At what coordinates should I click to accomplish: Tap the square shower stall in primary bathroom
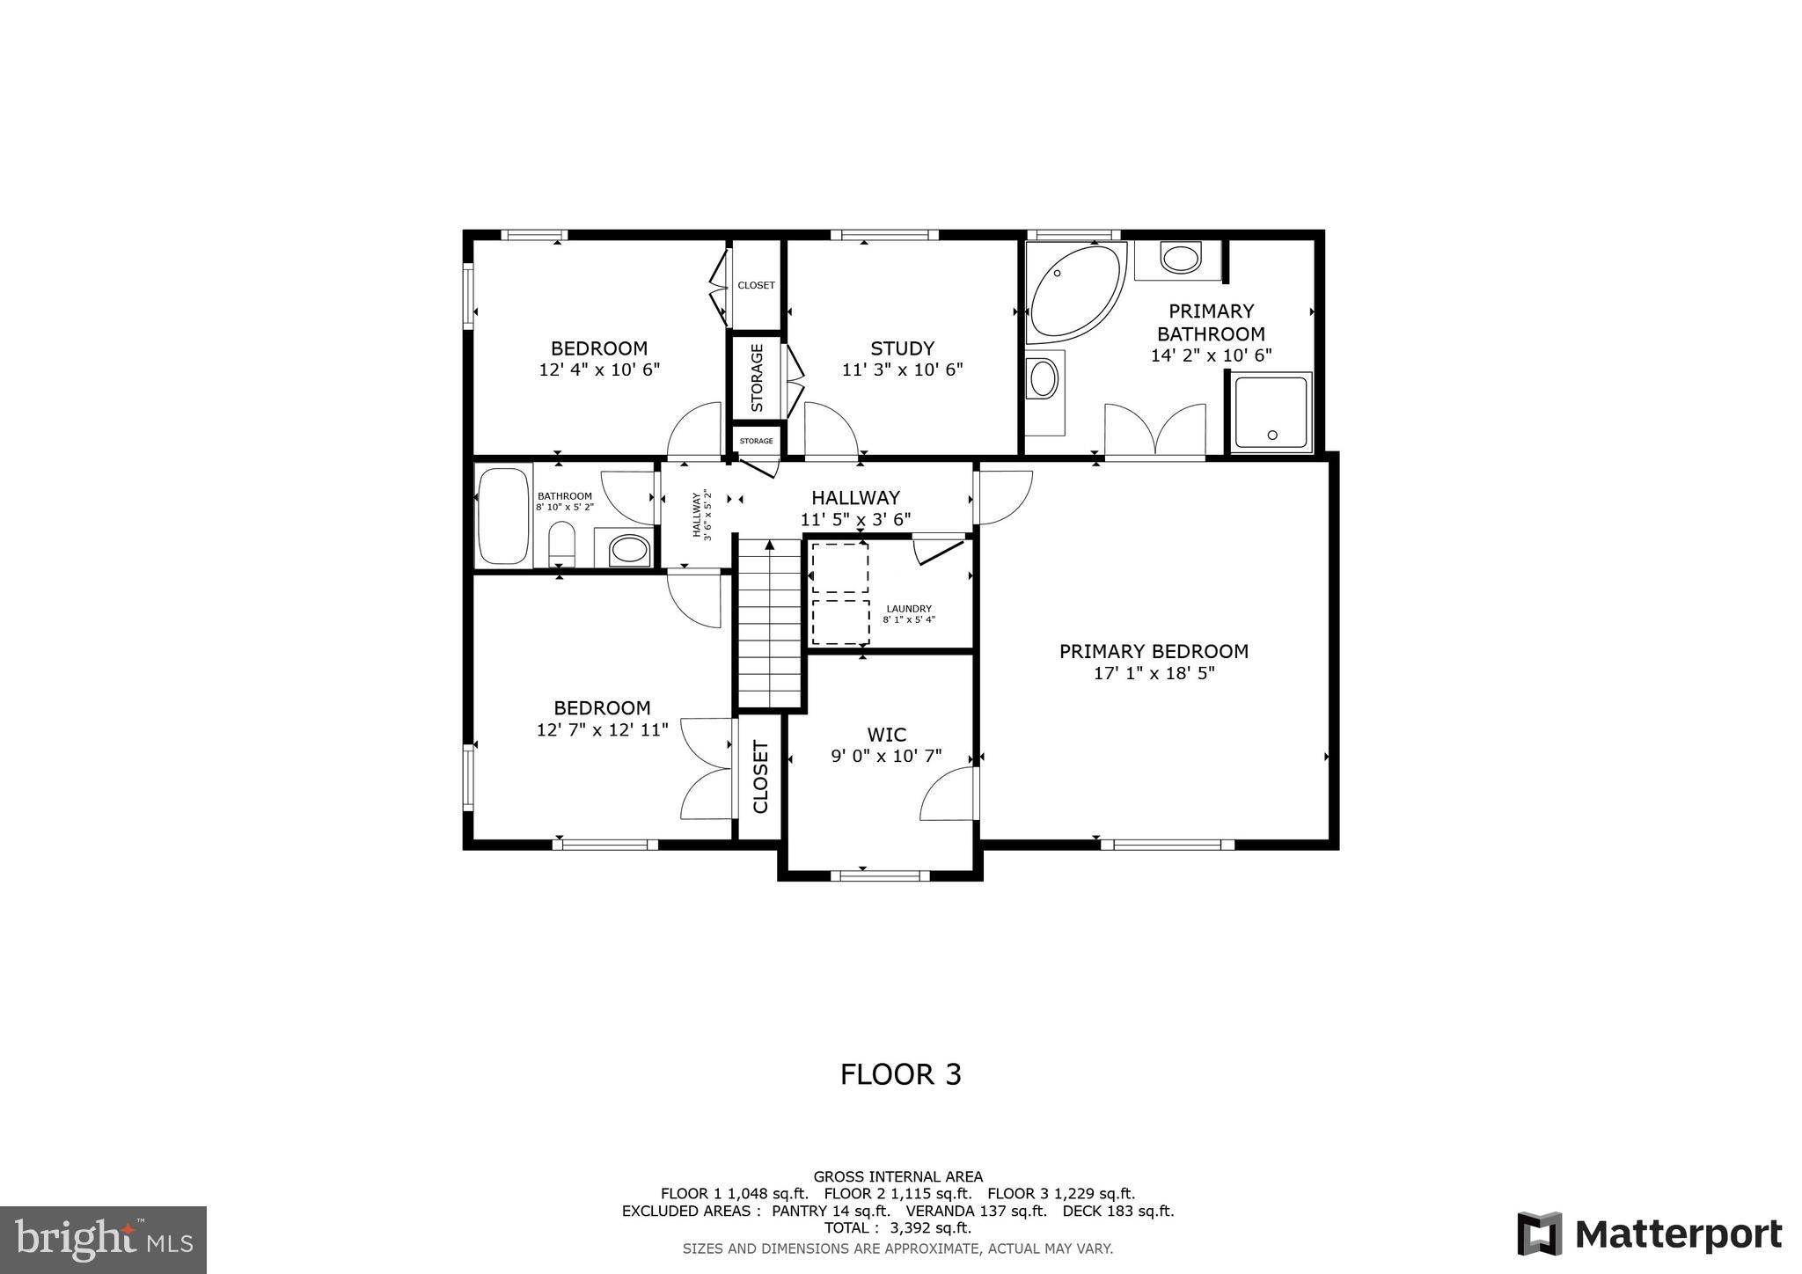click(1271, 412)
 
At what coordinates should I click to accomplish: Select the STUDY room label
click(902, 348)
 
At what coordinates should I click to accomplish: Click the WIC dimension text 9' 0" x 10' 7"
click(886, 756)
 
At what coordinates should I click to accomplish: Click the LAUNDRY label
click(909, 609)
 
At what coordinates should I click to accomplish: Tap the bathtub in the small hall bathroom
click(503, 516)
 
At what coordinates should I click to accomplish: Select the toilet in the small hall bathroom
click(561, 545)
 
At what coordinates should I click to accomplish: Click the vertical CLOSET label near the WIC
click(760, 777)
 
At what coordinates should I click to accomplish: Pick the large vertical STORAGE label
click(757, 377)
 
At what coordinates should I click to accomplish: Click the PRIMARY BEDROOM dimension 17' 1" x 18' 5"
click(1154, 674)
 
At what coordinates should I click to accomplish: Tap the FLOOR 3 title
click(900, 1074)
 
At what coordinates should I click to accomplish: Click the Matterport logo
click(1650, 1234)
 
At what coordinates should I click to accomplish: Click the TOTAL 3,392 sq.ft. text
click(897, 1227)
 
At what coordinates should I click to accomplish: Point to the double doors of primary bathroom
click(1155, 432)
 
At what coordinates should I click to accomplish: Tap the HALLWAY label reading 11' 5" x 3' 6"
click(855, 509)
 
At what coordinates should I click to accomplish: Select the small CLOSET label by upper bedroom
click(756, 285)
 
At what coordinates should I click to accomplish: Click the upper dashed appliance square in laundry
click(839, 567)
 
